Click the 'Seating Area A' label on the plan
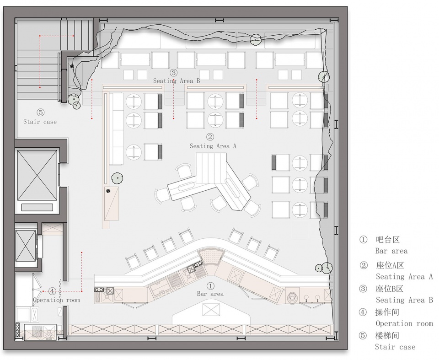(x=213, y=146)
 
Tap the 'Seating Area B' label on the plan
(x=177, y=81)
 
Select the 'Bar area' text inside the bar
(x=210, y=294)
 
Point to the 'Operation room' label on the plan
(x=56, y=300)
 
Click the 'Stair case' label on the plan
(x=40, y=122)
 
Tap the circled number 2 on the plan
(x=210, y=137)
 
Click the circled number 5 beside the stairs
(x=41, y=113)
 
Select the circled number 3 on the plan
(x=173, y=73)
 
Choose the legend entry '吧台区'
(x=388, y=240)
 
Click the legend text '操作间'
(x=387, y=312)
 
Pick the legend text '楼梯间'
(x=387, y=336)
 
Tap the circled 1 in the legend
(x=363, y=240)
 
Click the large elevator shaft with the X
(x=37, y=175)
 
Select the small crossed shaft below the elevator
(x=26, y=246)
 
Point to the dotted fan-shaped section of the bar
(x=211, y=257)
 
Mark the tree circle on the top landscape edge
(x=255, y=39)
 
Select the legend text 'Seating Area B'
(x=404, y=300)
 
